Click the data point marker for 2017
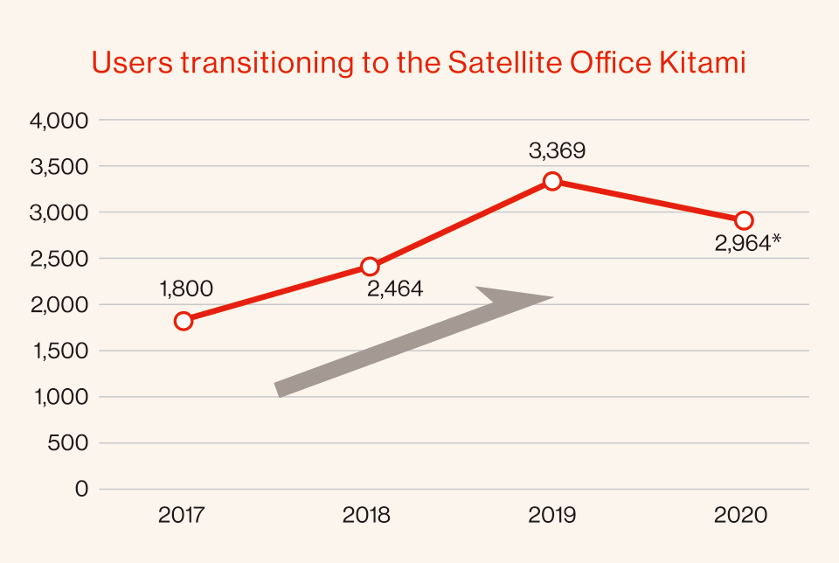pyautogui.click(x=184, y=321)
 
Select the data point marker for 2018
pyautogui.click(x=370, y=266)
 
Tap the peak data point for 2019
pyautogui.click(x=552, y=182)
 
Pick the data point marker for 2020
pyautogui.click(x=744, y=220)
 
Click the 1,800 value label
pyautogui.click(x=186, y=289)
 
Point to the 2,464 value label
pyautogui.click(x=395, y=289)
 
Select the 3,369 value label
pyautogui.click(x=557, y=151)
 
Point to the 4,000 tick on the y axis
pyautogui.click(x=59, y=121)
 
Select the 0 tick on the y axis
pyautogui.click(x=81, y=490)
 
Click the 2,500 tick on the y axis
pyautogui.click(x=59, y=259)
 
